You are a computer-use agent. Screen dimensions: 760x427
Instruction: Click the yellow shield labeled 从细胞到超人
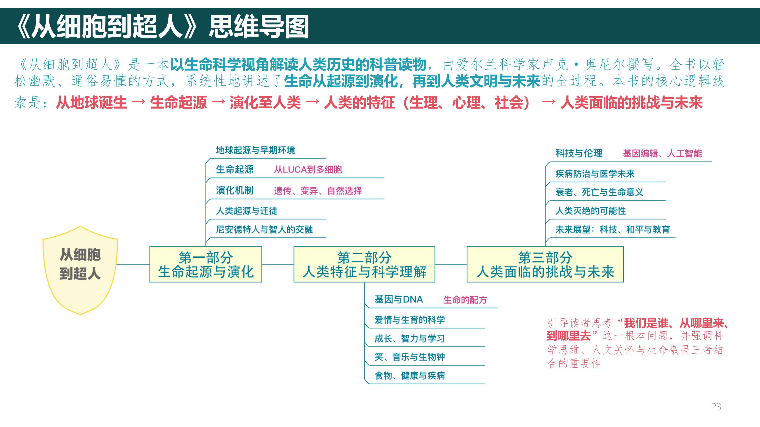pyautogui.click(x=80, y=270)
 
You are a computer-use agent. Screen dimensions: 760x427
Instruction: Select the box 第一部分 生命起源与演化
pyautogui.click(x=206, y=264)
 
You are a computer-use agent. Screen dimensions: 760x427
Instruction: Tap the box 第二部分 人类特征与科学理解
pyautogui.click(x=364, y=264)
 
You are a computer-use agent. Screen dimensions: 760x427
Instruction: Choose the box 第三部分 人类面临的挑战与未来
pyautogui.click(x=545, y=264)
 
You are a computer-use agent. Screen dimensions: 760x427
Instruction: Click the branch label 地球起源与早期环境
pyautogui.click(x=255, y=150)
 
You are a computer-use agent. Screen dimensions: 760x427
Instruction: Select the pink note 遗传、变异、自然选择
pyautogui.click(x=318, y=191)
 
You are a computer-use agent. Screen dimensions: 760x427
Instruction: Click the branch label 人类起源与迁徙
pyautogui.click(x=247, y=211)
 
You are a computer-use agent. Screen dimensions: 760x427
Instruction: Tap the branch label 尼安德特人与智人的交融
pyautogui.click(x=264, y=229)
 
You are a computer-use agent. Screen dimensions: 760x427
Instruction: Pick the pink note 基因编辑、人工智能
pyautogui.click(x=662, y=153)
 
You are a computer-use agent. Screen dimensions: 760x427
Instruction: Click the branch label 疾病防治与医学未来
pyautogui.click(x=595, y=174)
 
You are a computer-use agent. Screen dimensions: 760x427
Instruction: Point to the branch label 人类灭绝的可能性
pyautogui.click(x=591, y=211)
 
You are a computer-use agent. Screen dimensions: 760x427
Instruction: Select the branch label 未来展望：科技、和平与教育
pyautogui.click(x=613, y=229)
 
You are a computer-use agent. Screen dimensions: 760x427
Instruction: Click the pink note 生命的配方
pyautogui.click(x=465, y=300)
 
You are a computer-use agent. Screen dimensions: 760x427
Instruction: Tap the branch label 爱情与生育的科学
pyautogui.click(x=410, y=320)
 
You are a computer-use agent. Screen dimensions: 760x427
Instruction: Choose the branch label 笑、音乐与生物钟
pyautogui.click(x=410, y=357)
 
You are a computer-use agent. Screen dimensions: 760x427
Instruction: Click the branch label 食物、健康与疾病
pyautogui.click(x=410, y=375)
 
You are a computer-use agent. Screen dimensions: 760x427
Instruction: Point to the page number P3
pyautogui.click(x=716, y=407)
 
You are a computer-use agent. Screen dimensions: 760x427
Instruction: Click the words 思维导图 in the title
pyautogui.click(x=259, y=27)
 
